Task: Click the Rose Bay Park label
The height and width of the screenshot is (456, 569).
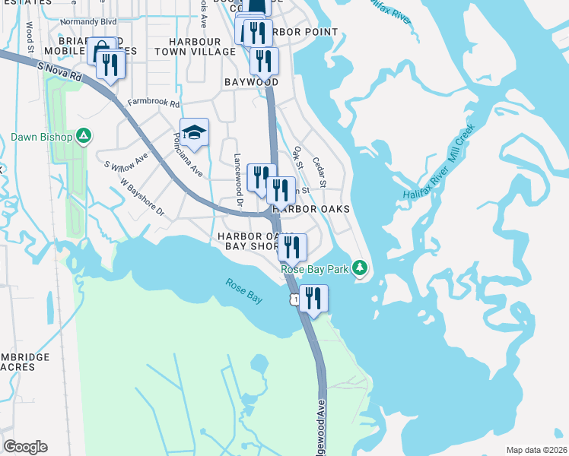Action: tap(315, 269)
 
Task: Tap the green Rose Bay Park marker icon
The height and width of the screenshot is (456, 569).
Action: tap(361, 268)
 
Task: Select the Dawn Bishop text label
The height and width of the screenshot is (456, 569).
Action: tap(42, 138)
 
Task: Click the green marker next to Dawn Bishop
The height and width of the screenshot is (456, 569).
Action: tap(84, 137)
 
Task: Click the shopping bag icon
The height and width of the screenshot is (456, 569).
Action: tap(101, 51)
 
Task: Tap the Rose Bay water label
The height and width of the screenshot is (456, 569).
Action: tap(243, 291)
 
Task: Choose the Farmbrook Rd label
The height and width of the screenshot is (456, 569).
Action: tap(154, 104)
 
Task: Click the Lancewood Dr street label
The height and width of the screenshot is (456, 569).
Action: tap(237, 179)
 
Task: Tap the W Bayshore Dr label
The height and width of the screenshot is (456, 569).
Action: tap(142, 198)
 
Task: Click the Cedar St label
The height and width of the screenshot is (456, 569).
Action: tap(319, 172)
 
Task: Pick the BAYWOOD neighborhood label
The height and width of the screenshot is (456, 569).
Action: tap(251, 81)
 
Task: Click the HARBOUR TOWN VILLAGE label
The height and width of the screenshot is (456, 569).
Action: tap(195, 46)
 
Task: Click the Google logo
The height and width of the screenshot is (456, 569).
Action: tap(25, 447)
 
